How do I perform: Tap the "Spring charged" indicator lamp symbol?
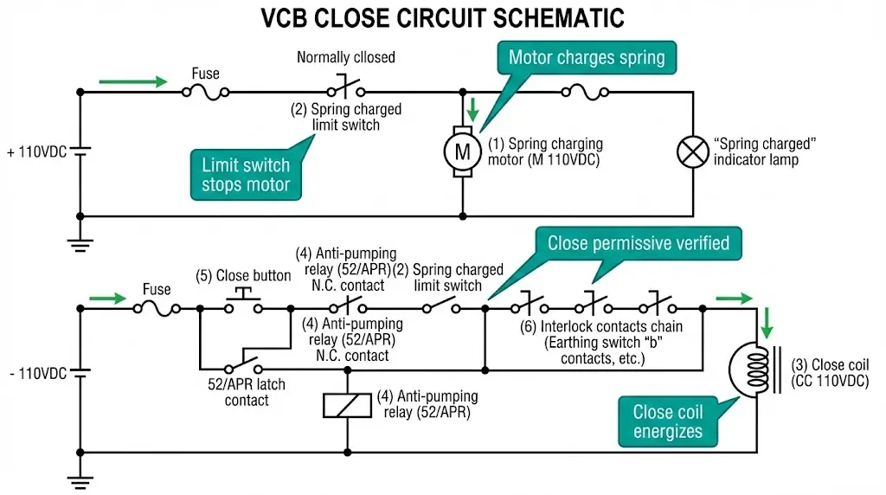pyautogui.click(x=692, y=152)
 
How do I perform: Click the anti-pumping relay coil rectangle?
pyautogui.click(x=347, y=404)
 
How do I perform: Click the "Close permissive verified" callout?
pyautogui.click(x=638, y=243)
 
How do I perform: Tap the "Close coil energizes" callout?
pyautogui.click(x=667, y=421)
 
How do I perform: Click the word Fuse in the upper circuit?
pyautogui.click(x=205, y=74)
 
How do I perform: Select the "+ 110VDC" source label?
pyautogui.click(x=36, y=152)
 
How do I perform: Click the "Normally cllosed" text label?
pyautogui.click(x=345, y=58)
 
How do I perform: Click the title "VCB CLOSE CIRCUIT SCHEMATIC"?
pyautogui.click(x=442, y=18)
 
